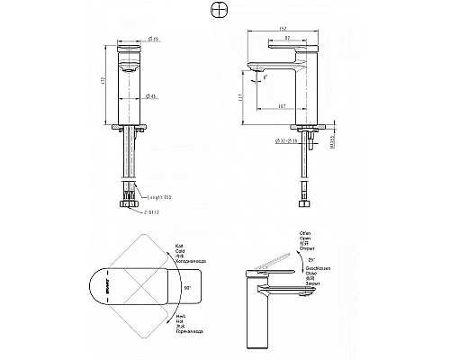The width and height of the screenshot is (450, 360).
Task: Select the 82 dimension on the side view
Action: click(x=286, y=39)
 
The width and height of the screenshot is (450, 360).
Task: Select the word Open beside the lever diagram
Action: click(x=302, y=240)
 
